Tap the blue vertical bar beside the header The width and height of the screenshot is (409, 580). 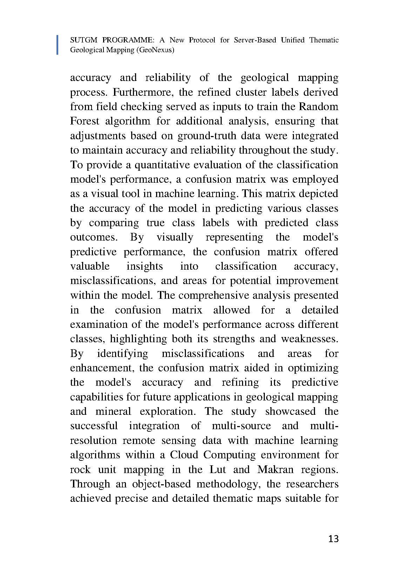pyautogui.click(x=58, y=45)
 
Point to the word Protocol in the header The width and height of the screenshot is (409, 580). pyautogui.click(x=202, y=40)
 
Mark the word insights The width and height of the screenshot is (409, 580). pyautogui.click(x=145, y=267)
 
